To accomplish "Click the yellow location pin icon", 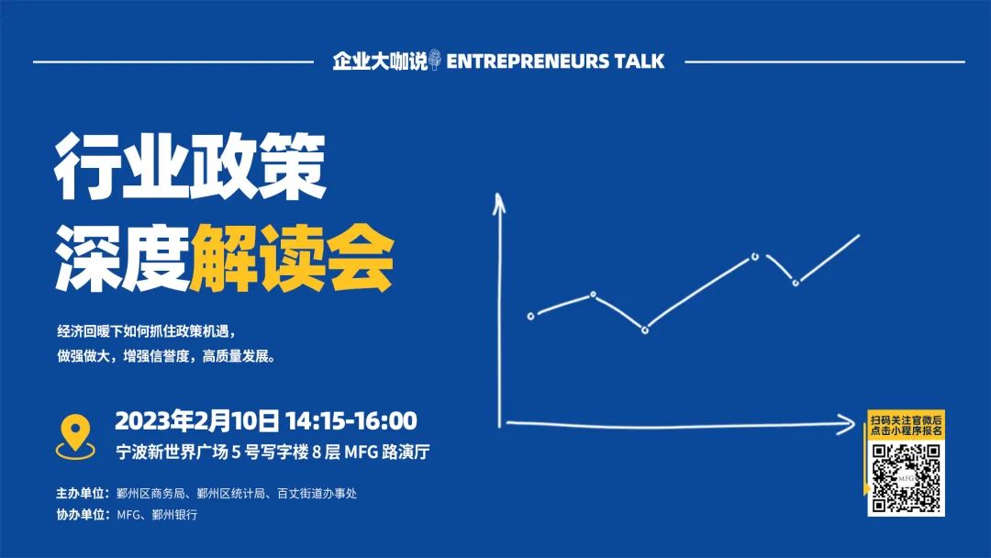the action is (75, 436).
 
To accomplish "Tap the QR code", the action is (907, 478).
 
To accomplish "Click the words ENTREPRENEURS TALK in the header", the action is (555, 61).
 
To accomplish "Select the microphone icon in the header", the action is (434, 60).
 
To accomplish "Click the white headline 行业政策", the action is (190, 166).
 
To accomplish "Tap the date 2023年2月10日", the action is (196, 421).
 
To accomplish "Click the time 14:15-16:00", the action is (351, 421).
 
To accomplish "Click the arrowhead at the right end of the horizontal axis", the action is (846, 424).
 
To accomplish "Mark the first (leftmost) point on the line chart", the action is (531, 316).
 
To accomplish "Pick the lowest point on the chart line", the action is (645, 330).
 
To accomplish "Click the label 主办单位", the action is (80, 494).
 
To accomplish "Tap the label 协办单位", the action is (80, 515).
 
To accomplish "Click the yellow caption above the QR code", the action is (907, 425).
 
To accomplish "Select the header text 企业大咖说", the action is (380, 61).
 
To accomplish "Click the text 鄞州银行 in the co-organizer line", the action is (175, 515).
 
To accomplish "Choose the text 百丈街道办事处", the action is (317, 494).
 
